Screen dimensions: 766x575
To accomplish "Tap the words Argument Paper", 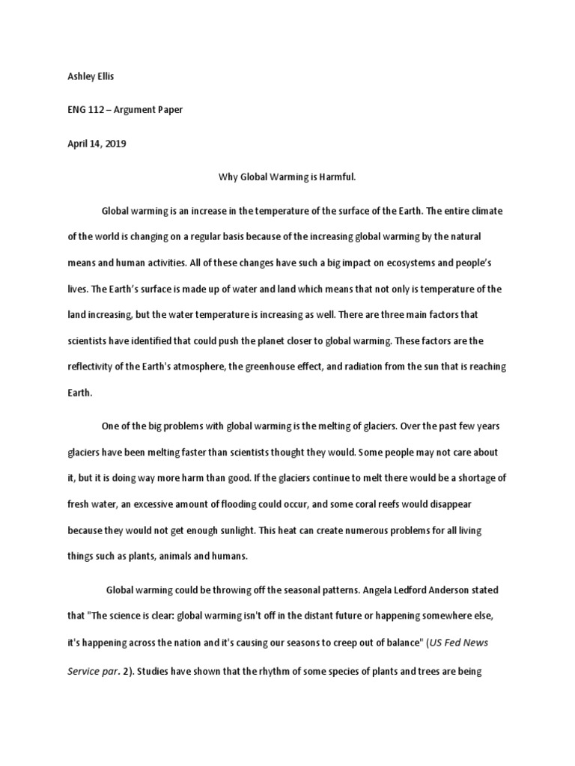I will point(152,110).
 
